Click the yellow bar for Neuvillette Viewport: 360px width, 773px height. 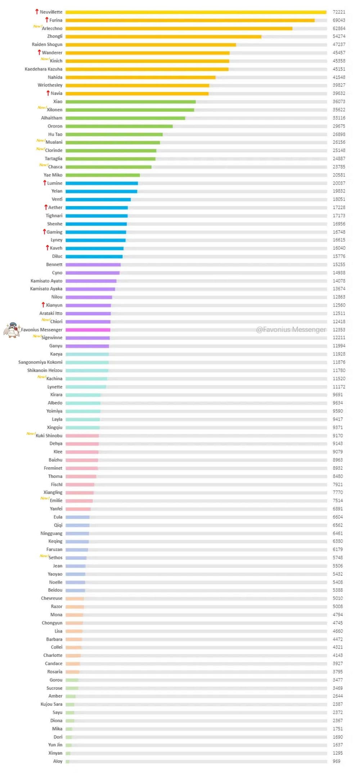(196, 12)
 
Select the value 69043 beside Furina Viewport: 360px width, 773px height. (339, 21)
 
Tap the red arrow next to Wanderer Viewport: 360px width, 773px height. (39, 53)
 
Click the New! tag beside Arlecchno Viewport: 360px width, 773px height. (37, 27)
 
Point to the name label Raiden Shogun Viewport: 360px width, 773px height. (47, 45)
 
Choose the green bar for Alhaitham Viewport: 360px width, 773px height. (125, 118)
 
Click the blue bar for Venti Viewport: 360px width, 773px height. (98, 200)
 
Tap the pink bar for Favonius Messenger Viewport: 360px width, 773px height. (88, 330)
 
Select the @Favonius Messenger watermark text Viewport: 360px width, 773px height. (291, 330)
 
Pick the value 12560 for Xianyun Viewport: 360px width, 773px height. (339, 305)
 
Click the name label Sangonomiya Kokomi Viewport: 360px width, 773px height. (40, 362)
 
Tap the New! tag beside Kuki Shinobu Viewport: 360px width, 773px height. (31, 434)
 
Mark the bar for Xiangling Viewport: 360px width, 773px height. (80, 493)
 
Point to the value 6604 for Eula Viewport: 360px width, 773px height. (338, 517)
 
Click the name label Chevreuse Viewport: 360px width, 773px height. (51, 598)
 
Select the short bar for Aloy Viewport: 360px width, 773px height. (67, 761)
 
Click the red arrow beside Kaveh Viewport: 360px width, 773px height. (47, 248)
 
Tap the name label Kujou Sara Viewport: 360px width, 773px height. (51, 704)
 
